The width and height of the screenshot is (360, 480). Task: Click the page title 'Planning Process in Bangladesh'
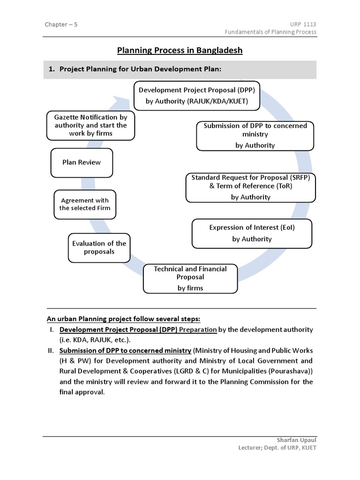click(180, 50)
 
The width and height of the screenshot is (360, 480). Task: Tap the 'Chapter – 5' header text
click(61, 24)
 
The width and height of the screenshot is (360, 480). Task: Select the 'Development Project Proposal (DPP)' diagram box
click(197, 96)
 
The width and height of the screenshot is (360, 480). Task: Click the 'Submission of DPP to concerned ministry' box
click(255, 135)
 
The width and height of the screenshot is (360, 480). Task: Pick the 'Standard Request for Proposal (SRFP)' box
click(251, 187)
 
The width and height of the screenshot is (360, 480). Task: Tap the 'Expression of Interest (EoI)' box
click(252, 233)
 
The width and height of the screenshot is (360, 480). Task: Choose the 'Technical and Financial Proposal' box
click(190, 278)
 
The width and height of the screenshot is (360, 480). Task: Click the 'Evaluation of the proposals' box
click(99, 247)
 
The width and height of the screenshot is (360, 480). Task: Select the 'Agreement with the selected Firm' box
click(85, 204)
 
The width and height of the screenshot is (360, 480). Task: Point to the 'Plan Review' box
click(82, 163)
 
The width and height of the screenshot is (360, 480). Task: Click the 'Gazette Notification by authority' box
click(90, 125)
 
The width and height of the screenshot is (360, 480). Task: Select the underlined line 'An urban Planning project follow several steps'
click(123, 319)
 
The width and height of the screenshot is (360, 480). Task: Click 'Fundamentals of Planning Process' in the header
click(270, 32)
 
